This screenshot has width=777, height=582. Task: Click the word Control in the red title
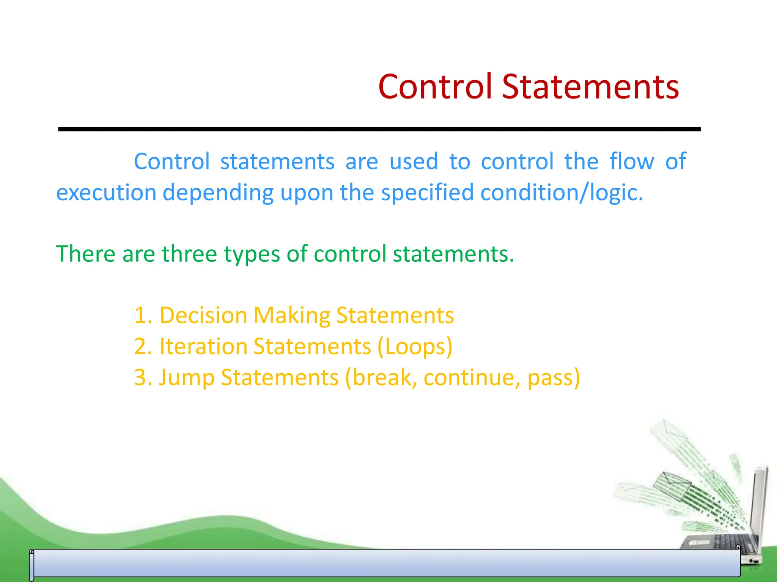point(435,87)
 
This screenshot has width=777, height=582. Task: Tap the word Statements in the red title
point(590,87)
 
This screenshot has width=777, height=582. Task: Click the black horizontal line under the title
point(379,129)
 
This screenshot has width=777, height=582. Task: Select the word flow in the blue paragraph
point(632,161)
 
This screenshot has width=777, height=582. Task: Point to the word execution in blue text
point(106,192)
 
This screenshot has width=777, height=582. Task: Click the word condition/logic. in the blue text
point(562,192)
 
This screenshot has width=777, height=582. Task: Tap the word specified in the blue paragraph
point(427,192)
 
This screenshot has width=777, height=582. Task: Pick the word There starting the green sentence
point(85,253)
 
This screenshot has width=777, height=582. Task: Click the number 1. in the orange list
point(143,315)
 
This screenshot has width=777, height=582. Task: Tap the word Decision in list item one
point(203,315)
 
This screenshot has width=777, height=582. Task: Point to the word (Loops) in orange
point(415,347)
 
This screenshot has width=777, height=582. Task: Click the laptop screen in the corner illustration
point(758,504)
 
